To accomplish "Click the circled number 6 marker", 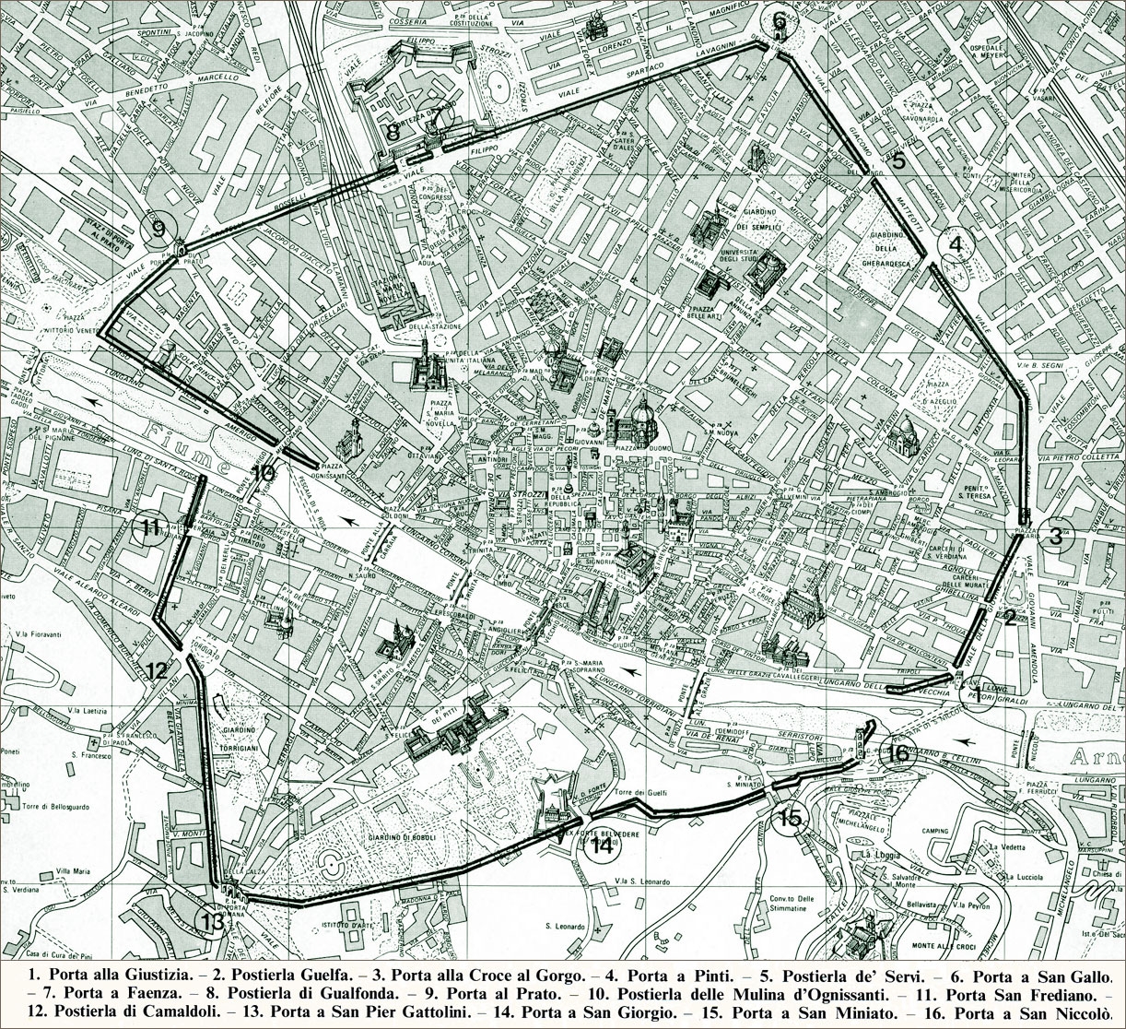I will pos(780,20).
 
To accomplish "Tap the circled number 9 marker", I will pos(158,226).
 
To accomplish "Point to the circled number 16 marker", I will pos(898,752).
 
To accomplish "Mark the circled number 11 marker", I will pos(152,528).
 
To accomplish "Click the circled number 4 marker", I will pos(956,245).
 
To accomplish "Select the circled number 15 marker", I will pos(790,817).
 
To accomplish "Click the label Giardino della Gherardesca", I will pos(886,248).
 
